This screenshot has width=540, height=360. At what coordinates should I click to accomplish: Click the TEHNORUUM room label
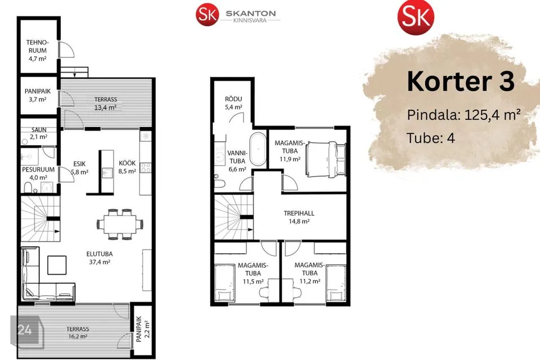coord(38,47)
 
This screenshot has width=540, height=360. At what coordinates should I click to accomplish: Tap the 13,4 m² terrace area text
coord(105,107)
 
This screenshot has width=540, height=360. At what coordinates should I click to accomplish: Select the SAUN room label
coord(39,130)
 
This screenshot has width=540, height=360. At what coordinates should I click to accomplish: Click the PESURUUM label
coord(38,169)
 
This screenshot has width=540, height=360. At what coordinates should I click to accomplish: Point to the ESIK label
coord(79,164)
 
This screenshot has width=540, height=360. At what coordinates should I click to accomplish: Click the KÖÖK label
coord(127,163)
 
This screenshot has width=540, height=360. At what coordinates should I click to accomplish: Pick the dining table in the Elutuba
coord(120,224)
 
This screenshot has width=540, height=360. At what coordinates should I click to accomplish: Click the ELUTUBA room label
coord(100,254)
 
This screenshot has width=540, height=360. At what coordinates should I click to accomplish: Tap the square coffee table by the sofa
coord(57,265)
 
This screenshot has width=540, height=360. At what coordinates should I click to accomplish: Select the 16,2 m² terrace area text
coord(78,336)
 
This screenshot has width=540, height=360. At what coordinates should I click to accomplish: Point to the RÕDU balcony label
coord(233,99)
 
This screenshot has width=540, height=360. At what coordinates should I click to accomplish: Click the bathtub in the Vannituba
coord(258,149)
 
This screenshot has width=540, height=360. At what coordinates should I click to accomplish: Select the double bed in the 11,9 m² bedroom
coord(326,159)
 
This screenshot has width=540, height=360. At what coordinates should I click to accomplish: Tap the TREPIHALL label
coord(299,213)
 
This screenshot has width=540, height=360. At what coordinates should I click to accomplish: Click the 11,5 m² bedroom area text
coord(253,281)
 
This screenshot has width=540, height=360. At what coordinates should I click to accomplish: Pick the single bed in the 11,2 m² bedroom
coord(336,283)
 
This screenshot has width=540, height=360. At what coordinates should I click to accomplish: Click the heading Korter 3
coord(461,82)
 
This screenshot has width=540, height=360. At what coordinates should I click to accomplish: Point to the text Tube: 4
coord(430,138)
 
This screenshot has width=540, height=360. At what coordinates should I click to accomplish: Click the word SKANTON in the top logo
coord(251,13)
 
